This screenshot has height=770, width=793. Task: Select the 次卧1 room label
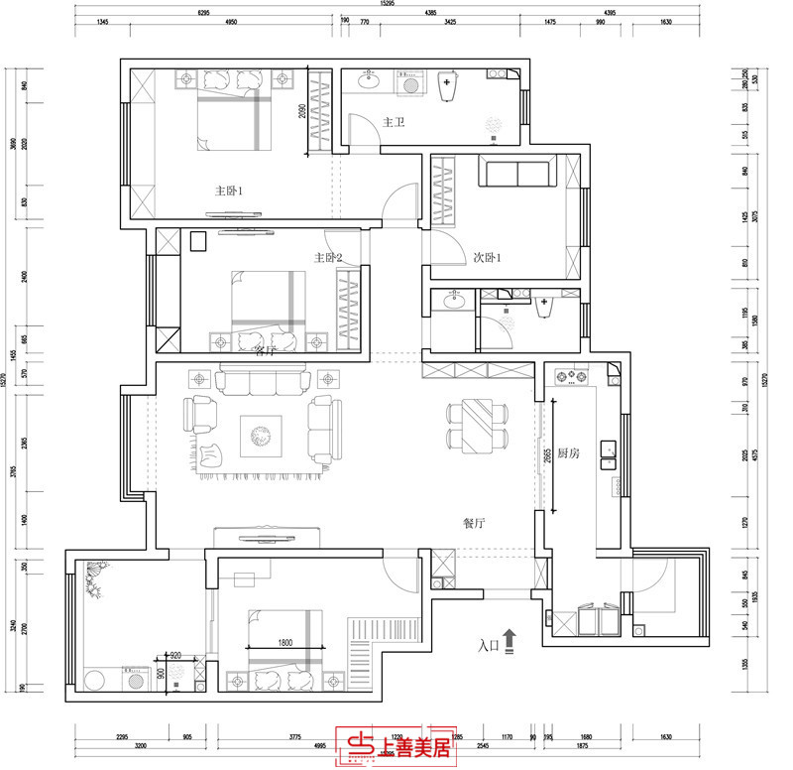(x=487, y=257)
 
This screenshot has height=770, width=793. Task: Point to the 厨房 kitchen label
(x=568, y=453)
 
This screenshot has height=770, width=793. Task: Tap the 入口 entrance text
(x=488, y=646)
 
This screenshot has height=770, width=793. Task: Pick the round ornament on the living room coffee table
(x=261, y=434)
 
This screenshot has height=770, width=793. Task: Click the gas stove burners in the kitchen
(x=572, y=377)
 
